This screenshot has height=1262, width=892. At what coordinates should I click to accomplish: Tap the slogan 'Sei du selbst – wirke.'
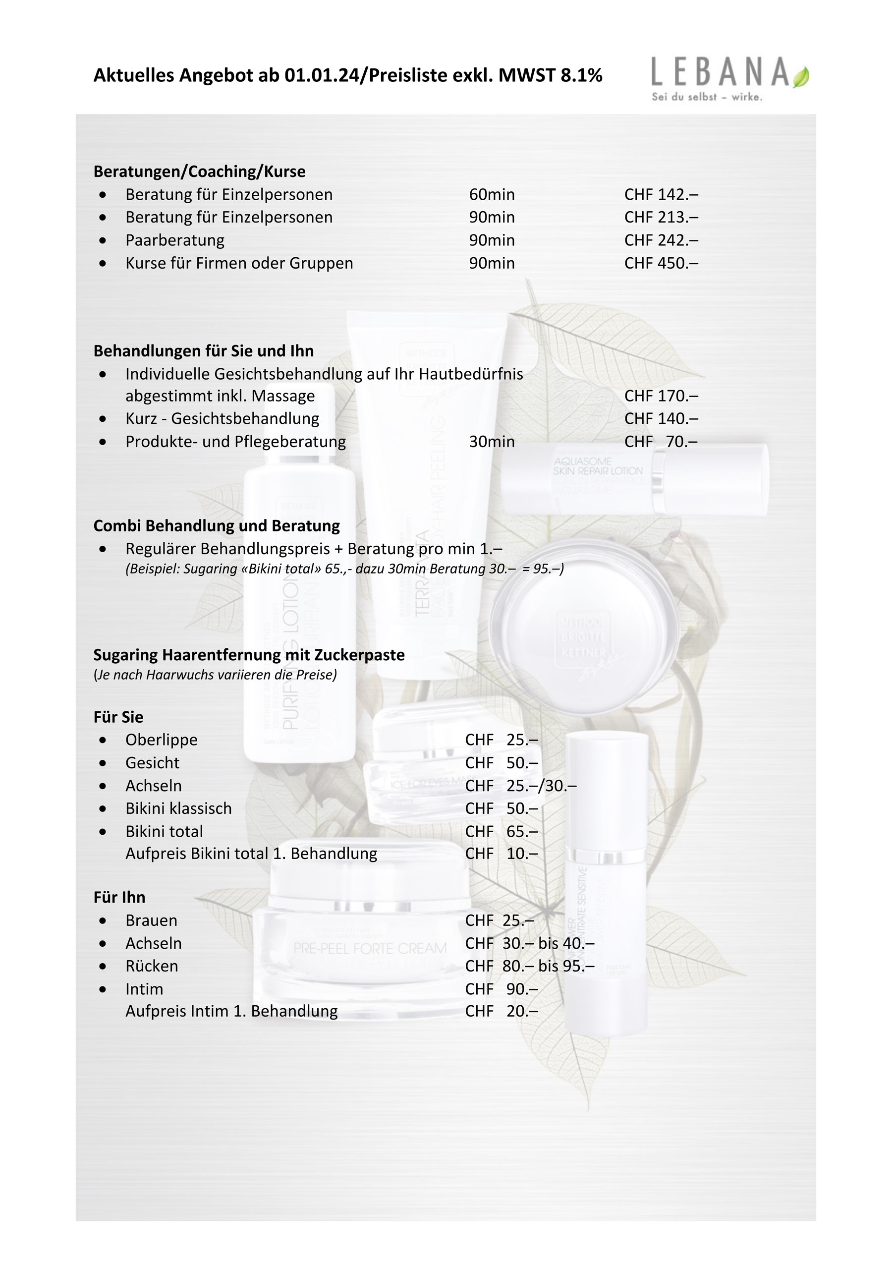707,97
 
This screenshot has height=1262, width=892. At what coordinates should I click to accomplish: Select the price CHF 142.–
661,195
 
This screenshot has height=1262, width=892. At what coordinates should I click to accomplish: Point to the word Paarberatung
175,240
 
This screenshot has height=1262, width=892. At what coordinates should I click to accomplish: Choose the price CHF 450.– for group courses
661,263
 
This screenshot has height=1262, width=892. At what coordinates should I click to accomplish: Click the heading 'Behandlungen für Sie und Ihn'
203,350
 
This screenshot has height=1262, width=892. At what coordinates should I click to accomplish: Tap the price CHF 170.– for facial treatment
661,396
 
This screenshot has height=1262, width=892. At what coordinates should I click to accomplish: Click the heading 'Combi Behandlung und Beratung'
217,526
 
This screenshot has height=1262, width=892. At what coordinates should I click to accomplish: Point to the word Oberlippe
161,740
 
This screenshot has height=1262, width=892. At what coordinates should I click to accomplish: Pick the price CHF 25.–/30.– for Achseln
520,786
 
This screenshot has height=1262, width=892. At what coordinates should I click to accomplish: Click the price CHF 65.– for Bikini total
501,832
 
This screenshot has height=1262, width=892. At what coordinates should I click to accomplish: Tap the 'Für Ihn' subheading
119,898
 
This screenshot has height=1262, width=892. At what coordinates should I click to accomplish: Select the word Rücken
152,966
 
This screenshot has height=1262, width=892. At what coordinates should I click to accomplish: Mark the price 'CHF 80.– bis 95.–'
529,966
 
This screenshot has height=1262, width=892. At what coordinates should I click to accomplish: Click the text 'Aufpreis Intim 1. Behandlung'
231,1011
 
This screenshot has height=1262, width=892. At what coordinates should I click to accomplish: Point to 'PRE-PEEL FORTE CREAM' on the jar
370,948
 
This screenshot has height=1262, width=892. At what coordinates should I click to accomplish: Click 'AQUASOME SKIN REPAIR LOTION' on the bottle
598,466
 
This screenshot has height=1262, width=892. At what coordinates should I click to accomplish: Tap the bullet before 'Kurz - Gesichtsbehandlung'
103,419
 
